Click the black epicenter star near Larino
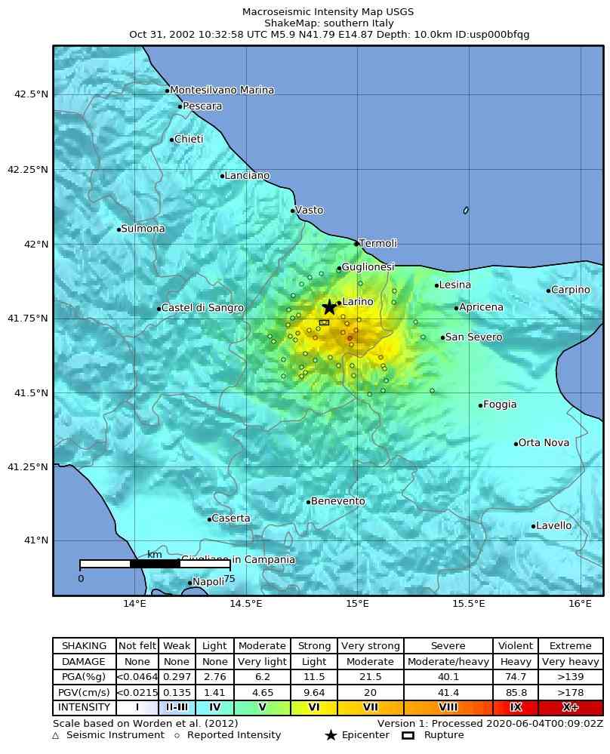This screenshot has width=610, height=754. click(x=329, y=306)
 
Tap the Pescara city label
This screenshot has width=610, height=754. click(x=202, y=106)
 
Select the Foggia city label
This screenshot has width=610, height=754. click(x=500, y=405)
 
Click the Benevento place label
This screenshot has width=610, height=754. click(x=337, y=501)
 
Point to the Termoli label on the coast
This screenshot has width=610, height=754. click(x=378, y=243)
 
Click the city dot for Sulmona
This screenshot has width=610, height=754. click(x=119, y=229)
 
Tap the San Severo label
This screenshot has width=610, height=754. click(x=473, y=337)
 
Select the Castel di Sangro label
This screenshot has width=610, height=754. click(x=202, y=308)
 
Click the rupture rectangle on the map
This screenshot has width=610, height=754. click(x=324, y=322)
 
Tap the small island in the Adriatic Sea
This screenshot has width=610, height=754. click(x=466, y=210)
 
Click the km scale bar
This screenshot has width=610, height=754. click(x=155, y=564)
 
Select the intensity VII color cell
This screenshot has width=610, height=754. click(x=371, y=707)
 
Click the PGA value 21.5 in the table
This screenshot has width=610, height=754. click(x=371, y=677)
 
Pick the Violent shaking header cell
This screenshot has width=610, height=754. click(x=516, y=646)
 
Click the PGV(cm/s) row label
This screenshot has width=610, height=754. click(x=84, y=692)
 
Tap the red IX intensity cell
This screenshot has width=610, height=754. click(x=516, y=707)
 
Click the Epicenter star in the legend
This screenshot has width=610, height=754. click(x=331, y=735)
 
